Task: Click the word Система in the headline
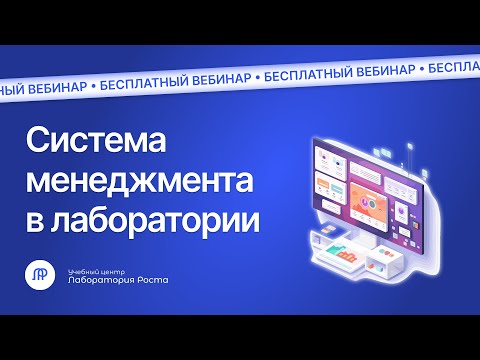[89, 143]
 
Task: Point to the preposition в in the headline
[32, 218]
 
